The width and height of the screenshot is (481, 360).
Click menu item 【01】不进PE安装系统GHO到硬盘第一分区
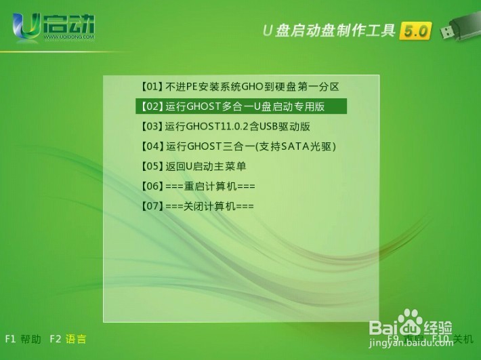click(x=239, y=87)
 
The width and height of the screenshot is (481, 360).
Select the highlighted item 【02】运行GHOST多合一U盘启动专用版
click(x=240, y=106)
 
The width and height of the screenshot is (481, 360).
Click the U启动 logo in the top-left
click(x=54, y=27)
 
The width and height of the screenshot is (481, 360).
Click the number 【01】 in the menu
click(x=152, y=87)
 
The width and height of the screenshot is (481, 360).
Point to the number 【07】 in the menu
click(x=152, y=205)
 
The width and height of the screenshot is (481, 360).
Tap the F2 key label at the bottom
click(x=55, y=339)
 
